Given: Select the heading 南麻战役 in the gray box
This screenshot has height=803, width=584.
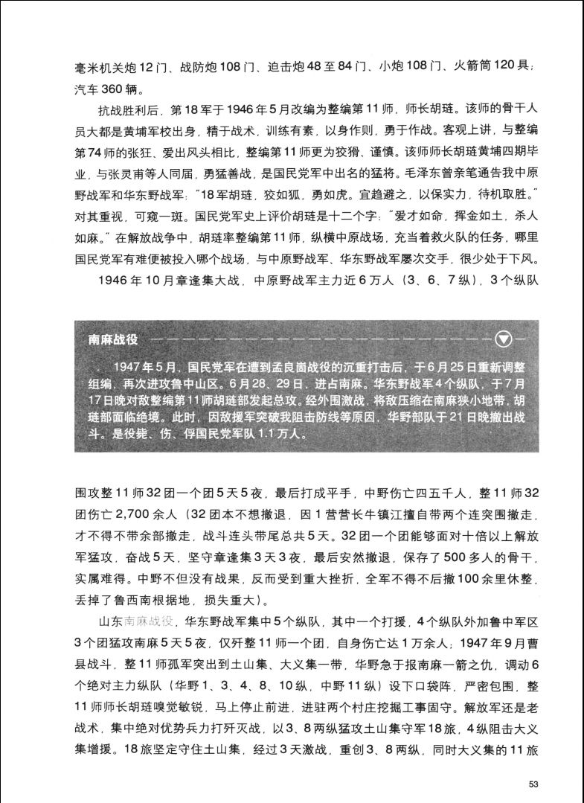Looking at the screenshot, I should (113, 339).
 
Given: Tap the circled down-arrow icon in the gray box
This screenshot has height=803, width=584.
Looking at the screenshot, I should (505, 339).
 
